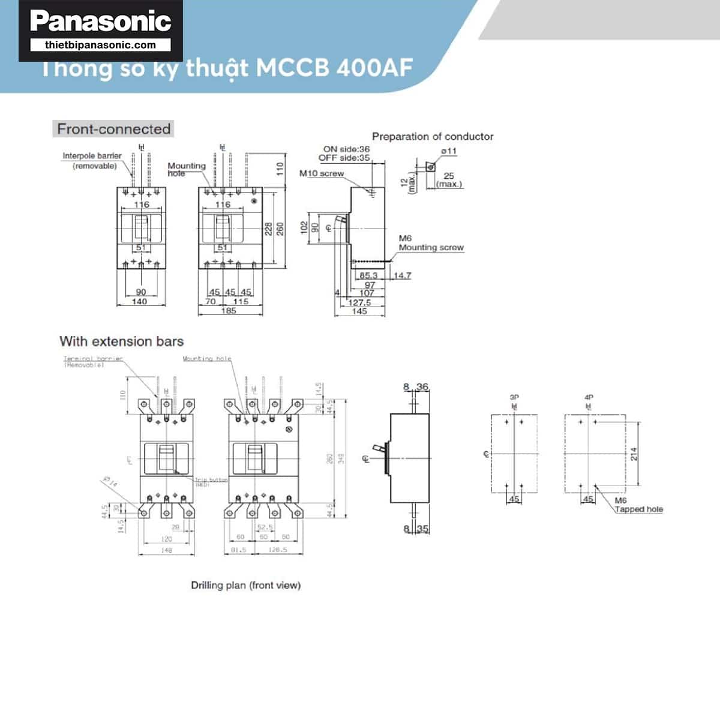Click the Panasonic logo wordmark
pos(101,21)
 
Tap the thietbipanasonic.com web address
pos(101,45)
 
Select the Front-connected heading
pos(113,129)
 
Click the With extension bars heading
pos(121,341)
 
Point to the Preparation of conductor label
pos(433,137)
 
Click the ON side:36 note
pos(346,149)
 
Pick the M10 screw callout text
pos(322,173)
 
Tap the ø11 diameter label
pos(449,151)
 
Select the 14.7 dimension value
pos(402,275)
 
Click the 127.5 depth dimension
pos(359,302)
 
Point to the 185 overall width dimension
pos(229,311)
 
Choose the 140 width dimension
pos(139,302)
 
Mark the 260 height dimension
pos(280,229)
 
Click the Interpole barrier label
pos(92,156)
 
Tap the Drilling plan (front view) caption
pos(245,585)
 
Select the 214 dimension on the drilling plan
pos(634,454)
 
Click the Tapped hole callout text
pos(639,509)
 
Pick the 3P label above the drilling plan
pos(514,397)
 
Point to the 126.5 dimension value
pos(277,549)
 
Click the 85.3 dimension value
pos(368,275)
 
